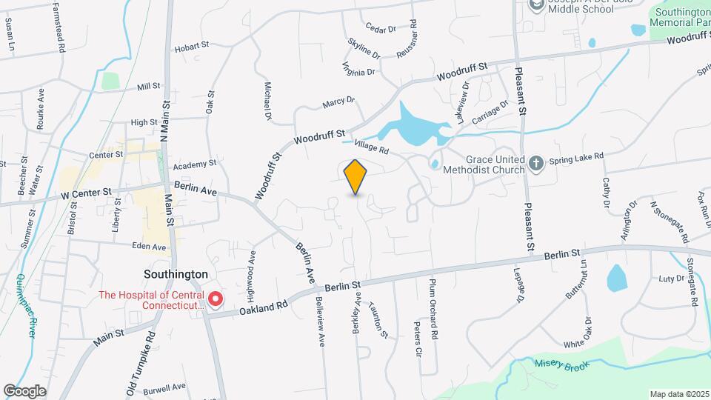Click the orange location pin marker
click(355, 177)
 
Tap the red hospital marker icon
click(216, 299)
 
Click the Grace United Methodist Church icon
click(536, 162)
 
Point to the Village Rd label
click(371, 147)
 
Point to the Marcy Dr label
click(339, 102)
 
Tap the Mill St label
click(149, 87)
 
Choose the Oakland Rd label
click(264, 307)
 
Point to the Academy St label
click(196, 163)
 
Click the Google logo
click(24, 390)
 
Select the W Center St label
click(87, 193)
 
